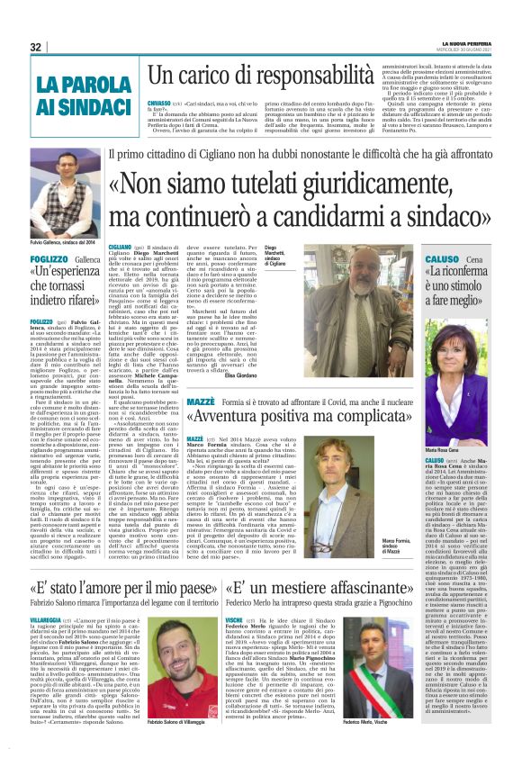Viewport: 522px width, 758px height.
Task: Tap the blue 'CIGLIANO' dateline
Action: (x=119, y=246)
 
